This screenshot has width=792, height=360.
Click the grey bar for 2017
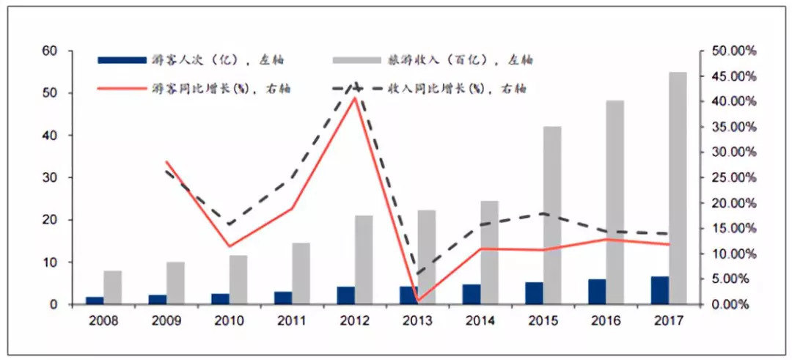pos(678,188)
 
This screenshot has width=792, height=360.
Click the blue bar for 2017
pos(659,290)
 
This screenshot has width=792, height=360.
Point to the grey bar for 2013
pos(427,257)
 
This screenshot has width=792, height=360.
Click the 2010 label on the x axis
pos(229,320)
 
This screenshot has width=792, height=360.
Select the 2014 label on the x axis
pos(480,320)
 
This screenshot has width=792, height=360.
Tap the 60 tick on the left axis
pos(50,51)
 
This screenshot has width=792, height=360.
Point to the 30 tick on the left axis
pos(50,177)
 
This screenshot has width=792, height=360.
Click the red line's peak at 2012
pos(355,98)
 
